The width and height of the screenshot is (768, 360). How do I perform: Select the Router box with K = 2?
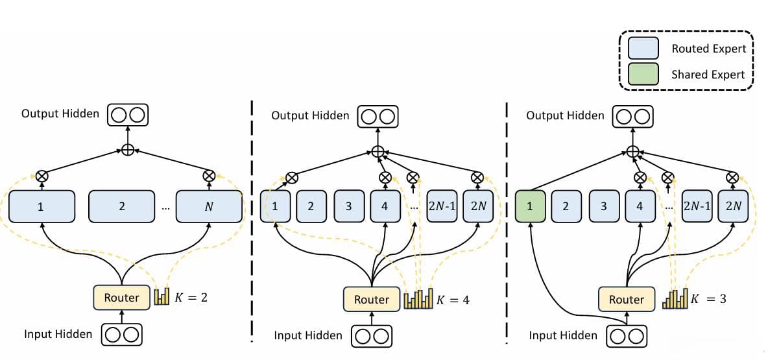(121, 298)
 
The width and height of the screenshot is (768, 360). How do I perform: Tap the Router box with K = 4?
(372, 299)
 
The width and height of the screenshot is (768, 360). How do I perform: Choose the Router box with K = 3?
(626, 299)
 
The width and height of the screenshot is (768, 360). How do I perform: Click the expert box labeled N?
(209, 206)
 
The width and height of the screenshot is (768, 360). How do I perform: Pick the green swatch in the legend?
(642, 73)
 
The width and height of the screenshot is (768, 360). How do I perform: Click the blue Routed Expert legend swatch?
(642, 48)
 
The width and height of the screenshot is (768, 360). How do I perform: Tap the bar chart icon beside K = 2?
(162, 298)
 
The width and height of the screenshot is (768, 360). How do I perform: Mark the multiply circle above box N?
(209, 175)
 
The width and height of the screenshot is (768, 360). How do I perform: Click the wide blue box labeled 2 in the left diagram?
(121, 206)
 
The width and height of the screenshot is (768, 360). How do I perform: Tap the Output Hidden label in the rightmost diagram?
(565, 115)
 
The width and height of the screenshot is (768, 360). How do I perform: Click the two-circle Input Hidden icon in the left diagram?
(121, 335)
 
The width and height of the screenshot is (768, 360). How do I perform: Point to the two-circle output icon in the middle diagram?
(378, 116)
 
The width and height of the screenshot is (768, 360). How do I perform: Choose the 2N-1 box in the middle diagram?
(442, 206)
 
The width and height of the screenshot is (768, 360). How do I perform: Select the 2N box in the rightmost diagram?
(734, 206)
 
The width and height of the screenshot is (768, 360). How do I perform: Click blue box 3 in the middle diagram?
(348, 206)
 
